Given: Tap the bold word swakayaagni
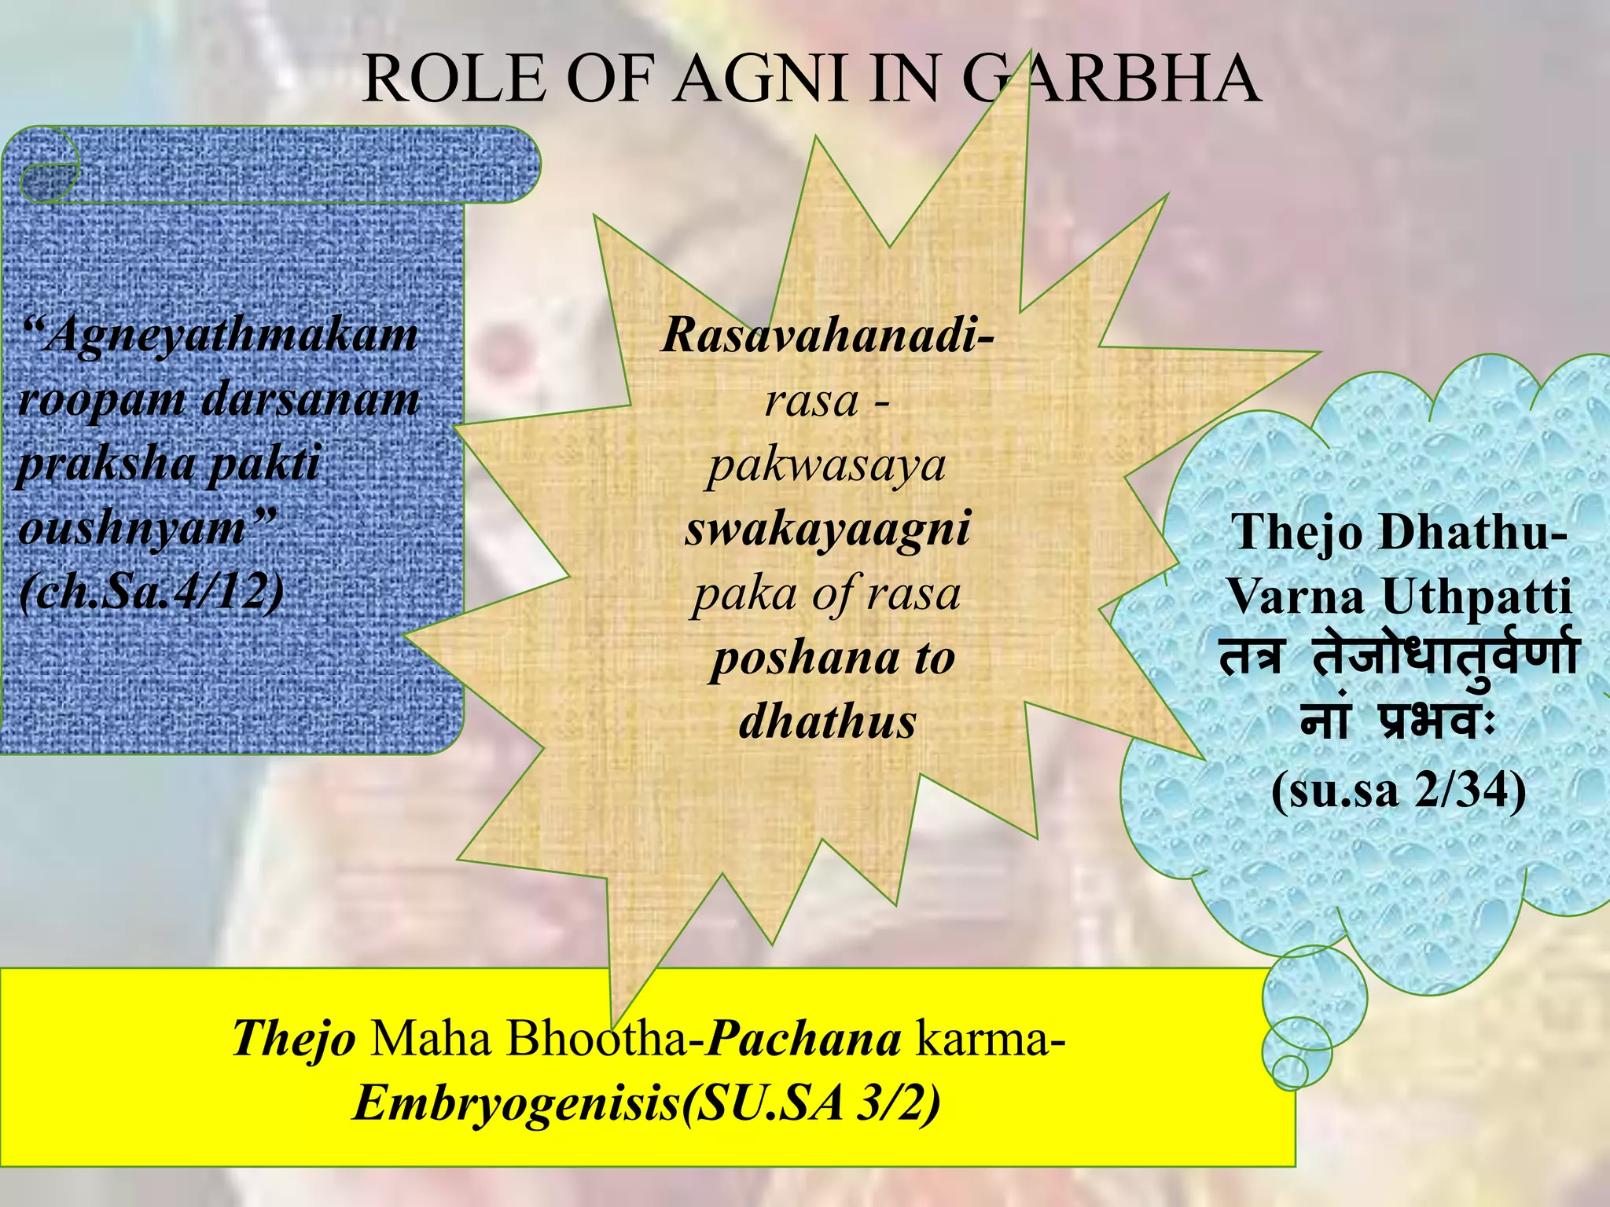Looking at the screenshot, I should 827,528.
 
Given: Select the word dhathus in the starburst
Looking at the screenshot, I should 827,721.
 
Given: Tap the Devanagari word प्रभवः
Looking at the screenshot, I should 1435,721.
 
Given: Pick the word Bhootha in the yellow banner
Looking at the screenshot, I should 597,1039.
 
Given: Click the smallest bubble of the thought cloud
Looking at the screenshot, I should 1289,1070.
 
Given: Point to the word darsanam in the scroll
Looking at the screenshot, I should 311,400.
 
